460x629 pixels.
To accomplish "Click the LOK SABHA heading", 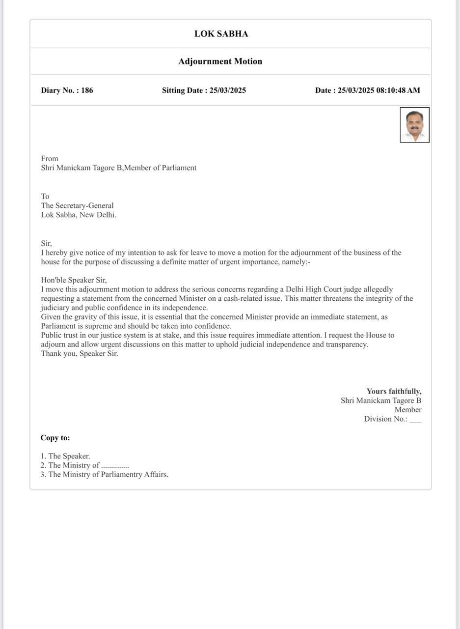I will click(221, 34).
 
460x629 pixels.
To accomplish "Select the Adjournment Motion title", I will click(220, 61).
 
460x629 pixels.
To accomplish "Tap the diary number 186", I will click(87, 90).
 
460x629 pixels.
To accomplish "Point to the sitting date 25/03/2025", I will click(228, 90).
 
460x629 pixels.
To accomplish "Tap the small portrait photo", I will click(414, 125).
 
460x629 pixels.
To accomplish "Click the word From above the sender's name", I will click(50, 159).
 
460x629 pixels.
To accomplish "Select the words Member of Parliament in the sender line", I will click(161, 168).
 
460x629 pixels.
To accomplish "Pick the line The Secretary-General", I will click(77, 206).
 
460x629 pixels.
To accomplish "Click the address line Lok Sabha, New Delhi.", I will click(79, 215).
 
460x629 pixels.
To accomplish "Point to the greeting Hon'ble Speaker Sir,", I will click(74, 281).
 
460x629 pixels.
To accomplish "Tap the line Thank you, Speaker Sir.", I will click(80, 354).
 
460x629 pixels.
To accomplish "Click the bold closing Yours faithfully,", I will click(394, 392).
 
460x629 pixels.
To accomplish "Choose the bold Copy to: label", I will click(55, 438).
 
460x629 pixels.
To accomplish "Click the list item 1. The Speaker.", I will click(65, 457).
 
